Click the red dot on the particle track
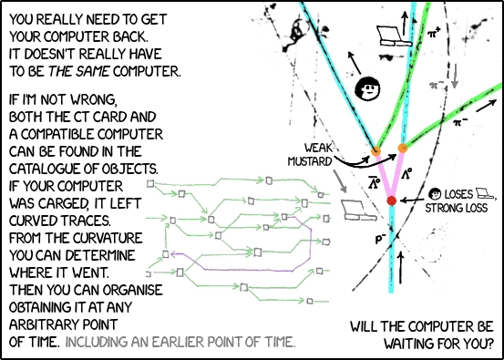tap(391, 201)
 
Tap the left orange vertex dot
tap(375, 150)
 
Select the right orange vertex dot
tap(403, 149)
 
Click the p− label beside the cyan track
tap(380, 240)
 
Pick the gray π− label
tap(437, 84)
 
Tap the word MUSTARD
tap(309, 161)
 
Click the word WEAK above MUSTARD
tap(317, 149)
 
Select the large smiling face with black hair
tap(367, 88)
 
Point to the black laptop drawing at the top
tap(394, 36)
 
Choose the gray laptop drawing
tap(359, 211)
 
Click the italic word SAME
tap(95, 72)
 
